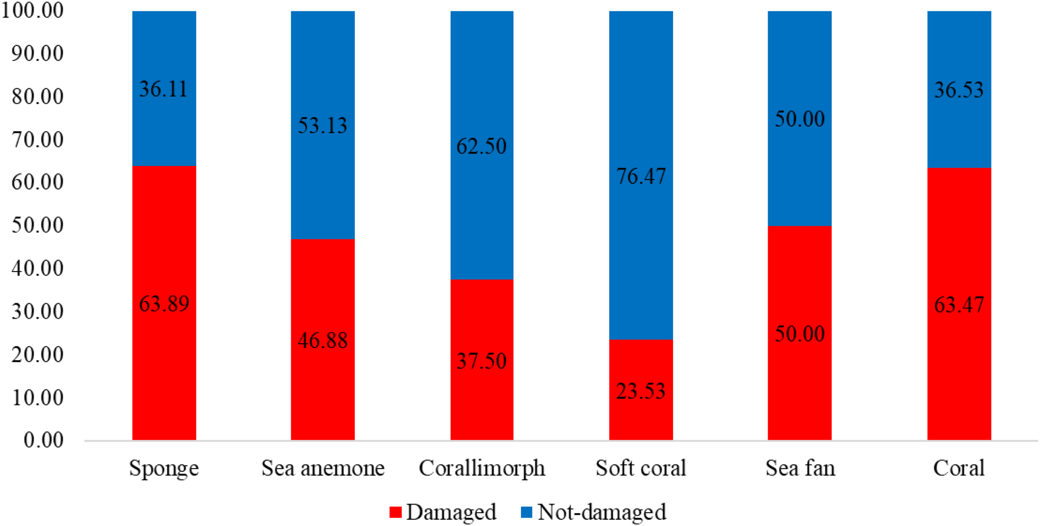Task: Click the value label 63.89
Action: [164, 304]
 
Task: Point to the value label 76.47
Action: [641, 176]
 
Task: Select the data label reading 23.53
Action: [641, 391]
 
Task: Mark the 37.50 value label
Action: [481, 361]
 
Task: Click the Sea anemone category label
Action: [323, 468]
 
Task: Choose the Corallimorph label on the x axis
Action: [481, 468]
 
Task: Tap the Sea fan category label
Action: [800, 468]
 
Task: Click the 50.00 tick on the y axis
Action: [37, 225]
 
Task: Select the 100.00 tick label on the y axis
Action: [32, 11]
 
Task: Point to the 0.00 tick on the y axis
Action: [43, 440]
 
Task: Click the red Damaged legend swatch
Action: [395, 512]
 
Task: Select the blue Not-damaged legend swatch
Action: [526, 512]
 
